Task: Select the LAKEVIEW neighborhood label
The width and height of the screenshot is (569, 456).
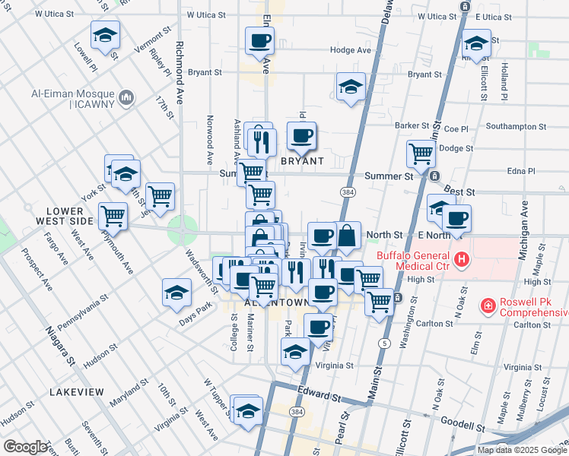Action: coord(76,391)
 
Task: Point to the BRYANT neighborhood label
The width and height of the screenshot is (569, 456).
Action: coord(302,161)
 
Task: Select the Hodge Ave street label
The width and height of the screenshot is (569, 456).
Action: coord(350,50)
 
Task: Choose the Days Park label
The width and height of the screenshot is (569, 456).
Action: coord(195,309)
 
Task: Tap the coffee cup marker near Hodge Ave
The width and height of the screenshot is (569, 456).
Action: coord(259,41)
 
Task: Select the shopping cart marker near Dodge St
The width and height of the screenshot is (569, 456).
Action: coord(421,154)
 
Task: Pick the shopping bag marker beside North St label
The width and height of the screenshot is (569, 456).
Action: coord(347,236)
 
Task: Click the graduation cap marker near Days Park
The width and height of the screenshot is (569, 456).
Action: coord(176,293)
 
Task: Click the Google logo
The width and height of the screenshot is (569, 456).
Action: coord(25,447)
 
